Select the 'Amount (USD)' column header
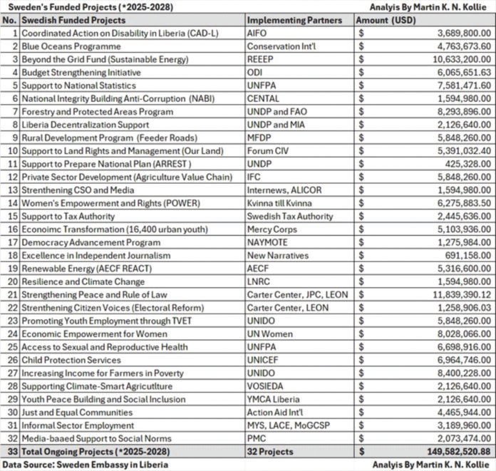pyautogui.click(x=381, y=21)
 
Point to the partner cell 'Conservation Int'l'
pyautogui.click(x=281, y=46)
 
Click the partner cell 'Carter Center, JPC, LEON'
pyautogui.click(x=297, y=294)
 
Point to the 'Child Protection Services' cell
pyautogui.click(x=72, y=360)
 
